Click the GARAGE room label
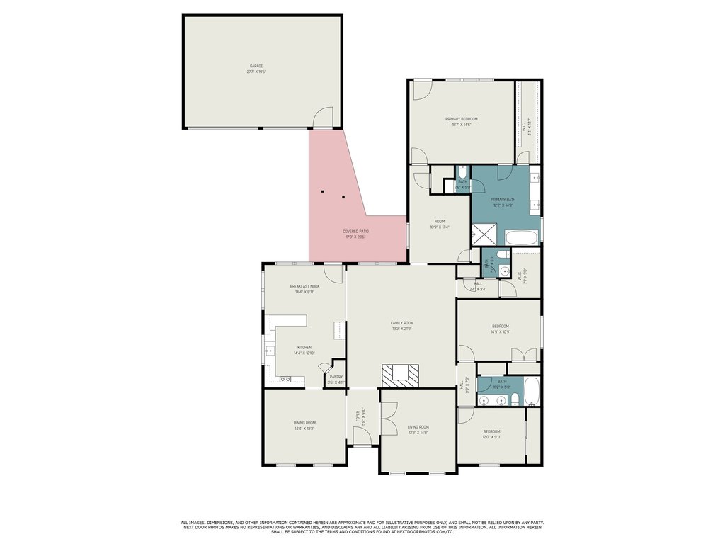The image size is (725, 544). (x=256, y=66)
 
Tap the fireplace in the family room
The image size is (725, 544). (x=401, y=375)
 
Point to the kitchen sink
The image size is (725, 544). (x=269, y=351)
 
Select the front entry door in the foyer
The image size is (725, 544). (x=362, y=441)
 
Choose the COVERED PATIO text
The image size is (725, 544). (x=355, y=231)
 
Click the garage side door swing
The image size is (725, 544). (x=323, y=118)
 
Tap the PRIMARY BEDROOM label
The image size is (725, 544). (x=461, y=118)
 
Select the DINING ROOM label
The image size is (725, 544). (x=304, y=423)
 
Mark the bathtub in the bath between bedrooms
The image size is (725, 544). (x=532, y=391)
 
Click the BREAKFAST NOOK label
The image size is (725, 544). (x=304, y=286)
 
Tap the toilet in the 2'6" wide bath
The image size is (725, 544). (x=462, y=172)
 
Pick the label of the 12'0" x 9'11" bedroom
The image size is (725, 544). (x=491, y=431)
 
